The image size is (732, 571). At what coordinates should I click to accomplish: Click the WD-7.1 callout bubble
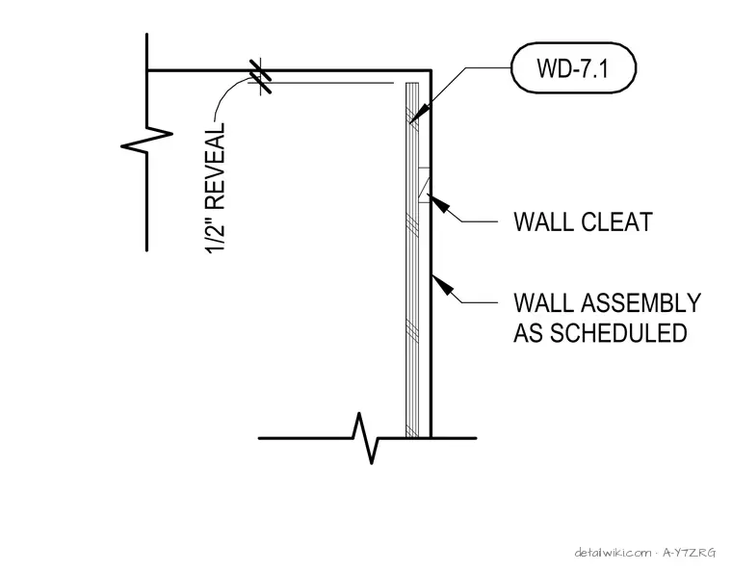tap(574, 68)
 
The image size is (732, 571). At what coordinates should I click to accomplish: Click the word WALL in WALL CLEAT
tap(543, 222)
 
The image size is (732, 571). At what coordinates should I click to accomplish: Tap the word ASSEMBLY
tap(641, 303)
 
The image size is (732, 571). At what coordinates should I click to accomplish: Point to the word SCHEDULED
tap(618, 333)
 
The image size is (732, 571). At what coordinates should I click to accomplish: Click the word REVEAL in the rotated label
tap(215, 166)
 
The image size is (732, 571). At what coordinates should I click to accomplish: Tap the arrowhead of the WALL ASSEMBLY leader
tap(442, 284)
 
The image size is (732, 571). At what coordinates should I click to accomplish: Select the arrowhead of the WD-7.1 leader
tap(418, 114)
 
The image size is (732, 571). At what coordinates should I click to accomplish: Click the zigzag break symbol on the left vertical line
tap(147, 140)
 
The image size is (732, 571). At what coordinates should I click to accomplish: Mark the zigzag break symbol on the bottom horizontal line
tap(366, 438)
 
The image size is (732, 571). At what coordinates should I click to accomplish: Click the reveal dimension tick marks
tap(260, 76)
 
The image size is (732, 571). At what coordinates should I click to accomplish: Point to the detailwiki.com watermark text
tap(614, 554)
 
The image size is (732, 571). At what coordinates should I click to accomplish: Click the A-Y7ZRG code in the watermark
tap(689, 554)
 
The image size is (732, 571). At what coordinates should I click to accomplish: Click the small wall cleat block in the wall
tap(425, 185)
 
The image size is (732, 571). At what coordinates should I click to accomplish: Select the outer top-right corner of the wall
tap(431, 71)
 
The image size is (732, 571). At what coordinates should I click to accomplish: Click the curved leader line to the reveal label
tap(228, 93)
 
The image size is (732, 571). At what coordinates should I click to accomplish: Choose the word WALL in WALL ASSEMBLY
tap(543, 303)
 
